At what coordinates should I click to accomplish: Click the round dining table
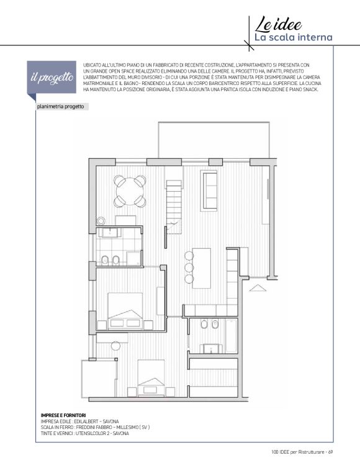130,191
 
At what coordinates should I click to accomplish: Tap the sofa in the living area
210,186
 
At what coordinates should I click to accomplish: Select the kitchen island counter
202,268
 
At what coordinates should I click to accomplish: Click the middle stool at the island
189,268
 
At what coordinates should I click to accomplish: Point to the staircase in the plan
174,207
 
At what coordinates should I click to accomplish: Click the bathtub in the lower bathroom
231,336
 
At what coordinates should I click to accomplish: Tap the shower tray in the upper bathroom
133,258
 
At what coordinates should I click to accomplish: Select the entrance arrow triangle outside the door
258,288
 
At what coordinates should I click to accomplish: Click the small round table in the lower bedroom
115,346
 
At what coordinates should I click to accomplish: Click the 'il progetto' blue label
52,78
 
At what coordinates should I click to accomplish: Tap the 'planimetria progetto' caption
61,107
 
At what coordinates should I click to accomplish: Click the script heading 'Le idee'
278,25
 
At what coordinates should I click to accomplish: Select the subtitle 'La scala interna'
293,38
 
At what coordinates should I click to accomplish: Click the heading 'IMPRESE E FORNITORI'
63,415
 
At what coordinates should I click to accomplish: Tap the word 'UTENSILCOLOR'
92,433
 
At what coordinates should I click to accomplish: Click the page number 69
330,452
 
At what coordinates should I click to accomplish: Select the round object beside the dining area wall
101,221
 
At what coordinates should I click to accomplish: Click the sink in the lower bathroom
212,349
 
